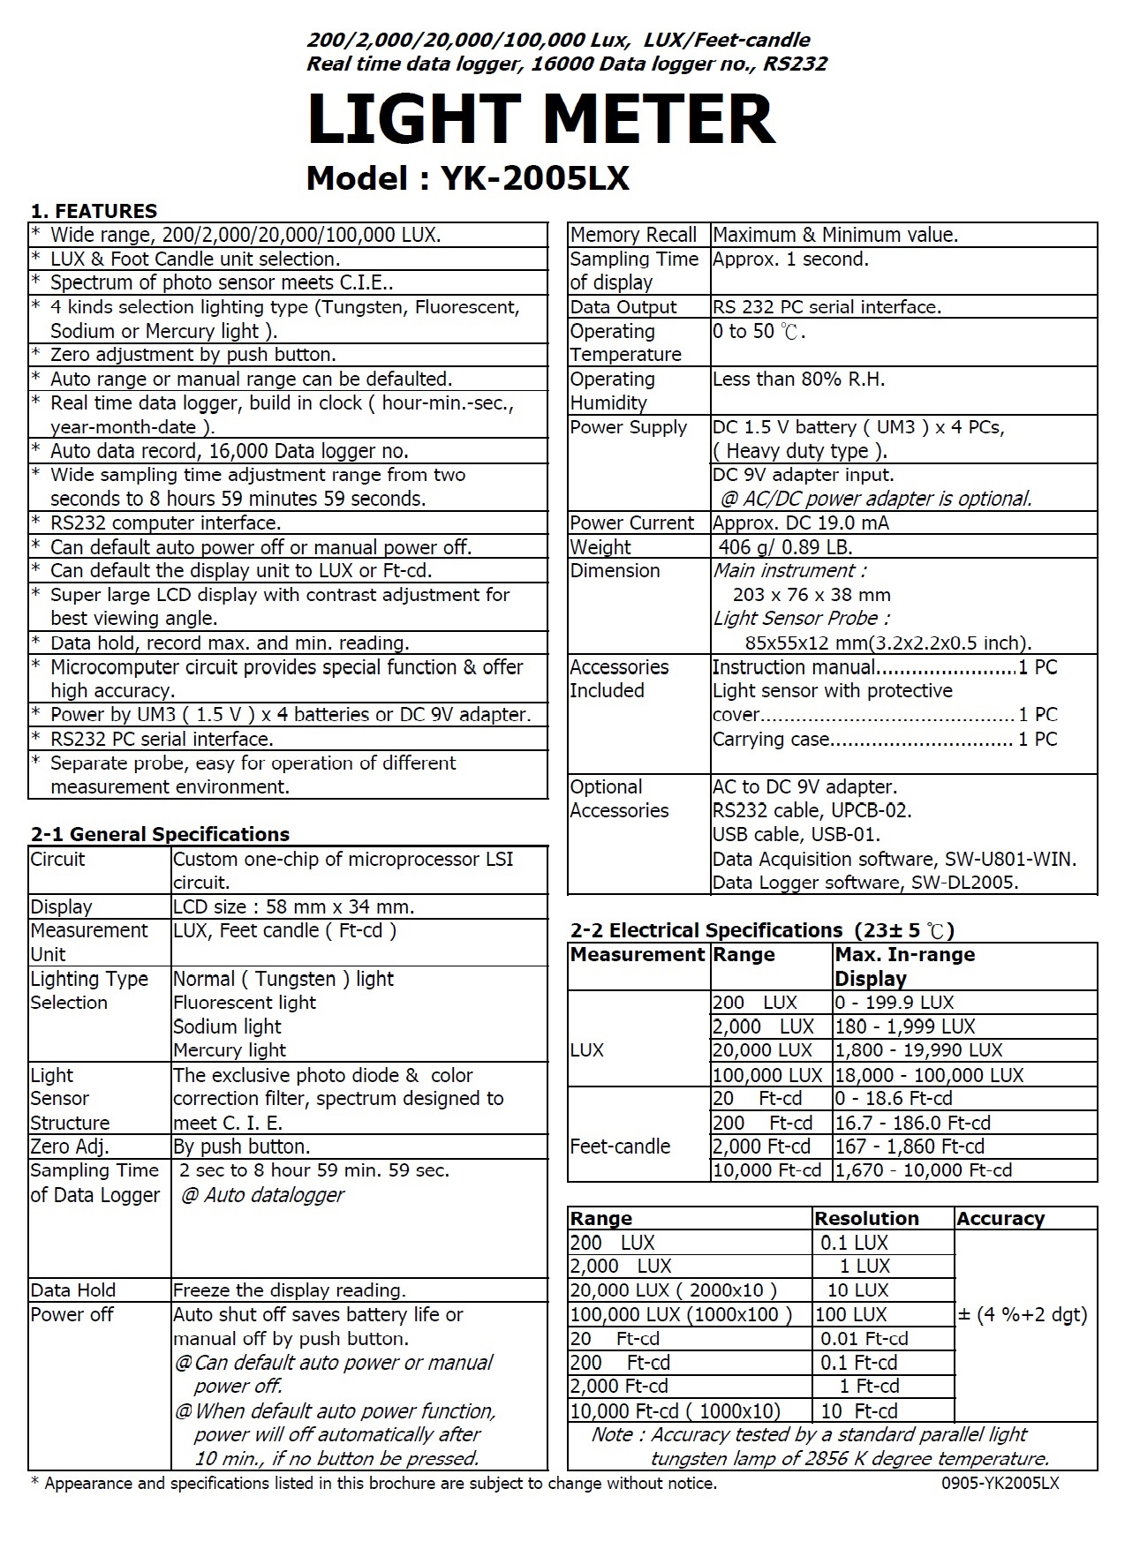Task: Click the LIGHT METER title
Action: click(540, 120)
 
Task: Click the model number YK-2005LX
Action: click(467, 178)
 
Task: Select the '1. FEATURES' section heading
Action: click(94, 211)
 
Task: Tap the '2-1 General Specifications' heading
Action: click(160, 834)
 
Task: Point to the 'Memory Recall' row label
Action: click(633, 235)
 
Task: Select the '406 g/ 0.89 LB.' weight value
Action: click(785, 547)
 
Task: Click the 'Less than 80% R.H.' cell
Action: click(798, 380)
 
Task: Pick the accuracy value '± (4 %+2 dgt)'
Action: click(1023, 1314)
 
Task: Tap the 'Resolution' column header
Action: click(866, 1218)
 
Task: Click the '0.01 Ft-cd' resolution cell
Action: click(864, 1338)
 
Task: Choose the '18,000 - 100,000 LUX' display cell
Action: click(929, 1075)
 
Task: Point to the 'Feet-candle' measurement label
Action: click(620, 1147)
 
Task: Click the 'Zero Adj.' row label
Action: click(70, 1147)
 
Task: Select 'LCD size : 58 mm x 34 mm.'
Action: click(293, 906)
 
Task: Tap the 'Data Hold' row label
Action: click(73, 1290)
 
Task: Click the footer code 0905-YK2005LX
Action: click(1000, 1484)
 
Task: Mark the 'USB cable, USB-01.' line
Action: click(796, 834)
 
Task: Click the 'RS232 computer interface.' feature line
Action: click(165, 523)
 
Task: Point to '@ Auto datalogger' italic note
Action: click(262, 1195)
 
